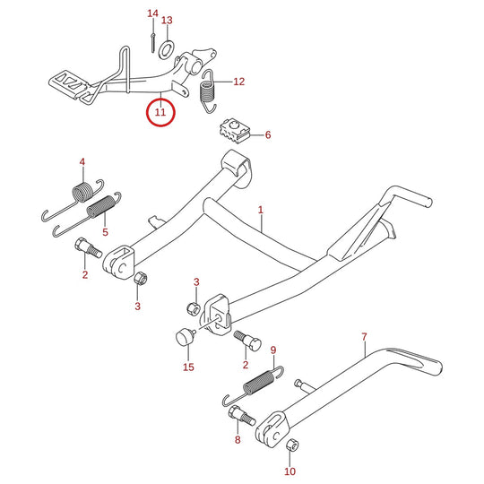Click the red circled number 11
[x=160, y=112]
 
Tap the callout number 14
[x=152, y=13]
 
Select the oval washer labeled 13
[x=167, y=49]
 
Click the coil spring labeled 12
[x=208, y=91]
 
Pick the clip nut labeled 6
[x=234, y=132]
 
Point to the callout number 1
[x=261, y=210]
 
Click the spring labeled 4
[x=73, y=199]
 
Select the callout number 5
[x=105, y=232]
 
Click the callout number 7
[x=364, y=337]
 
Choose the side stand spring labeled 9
[x=253, y=385]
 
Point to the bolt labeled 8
[x=242, y=416]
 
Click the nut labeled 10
[x=292, y=445]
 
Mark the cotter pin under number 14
[x=152, y=43]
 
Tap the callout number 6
[x=268, y=134]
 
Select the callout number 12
[x=239, y=82]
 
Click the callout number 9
[x=273, y=350]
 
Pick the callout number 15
[x=188, y=367]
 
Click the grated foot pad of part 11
[x=68, y=83]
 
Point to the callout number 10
[x=290, y=471]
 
